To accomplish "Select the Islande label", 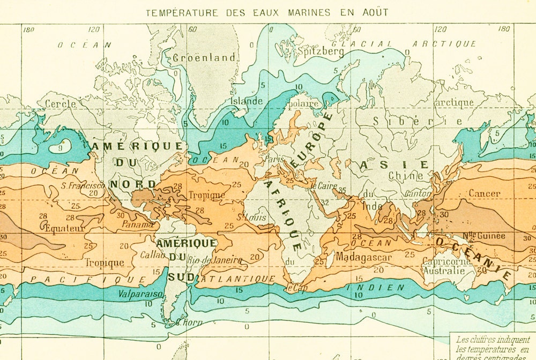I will click(x=247, y=101).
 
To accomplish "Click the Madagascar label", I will click(x=364, y=257).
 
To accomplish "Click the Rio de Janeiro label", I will click(x=215, y=260).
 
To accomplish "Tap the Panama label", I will click(x=138, y=224).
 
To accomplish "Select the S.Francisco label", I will click(x=83, y=185).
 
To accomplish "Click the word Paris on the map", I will click(x=273, y=159).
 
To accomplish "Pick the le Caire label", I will click(x=324, y=186).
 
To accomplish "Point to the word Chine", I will click(x=406, y=175).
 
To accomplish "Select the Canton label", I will click(x=418, y=193).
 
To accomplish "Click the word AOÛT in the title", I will click(x=374, y=12).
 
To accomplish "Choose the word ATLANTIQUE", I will click(x=240, y=279).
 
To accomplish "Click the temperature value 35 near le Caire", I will click(x=342, y=190).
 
